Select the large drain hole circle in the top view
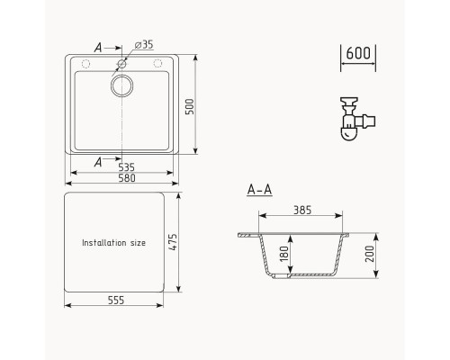(x=121, y=87)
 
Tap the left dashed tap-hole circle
(x=85, y=64)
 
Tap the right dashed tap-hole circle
(x=157, y=64)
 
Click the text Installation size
(x=112, y=243)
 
